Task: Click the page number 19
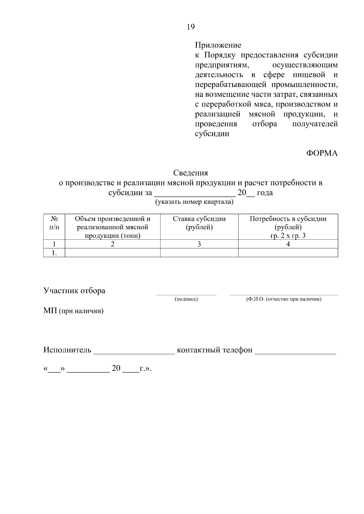(x=190, y=27)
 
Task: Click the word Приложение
(x=218, y=45)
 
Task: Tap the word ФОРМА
(x=322, y=153)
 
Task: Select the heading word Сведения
(x=190, y=173)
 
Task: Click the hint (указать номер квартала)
(x=194, y=202)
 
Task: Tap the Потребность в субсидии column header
(x=288, y=227)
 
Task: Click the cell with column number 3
(x=199, y=244)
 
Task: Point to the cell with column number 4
(x=288, y=244)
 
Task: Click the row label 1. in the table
(x=54, y=253)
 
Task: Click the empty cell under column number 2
(x=113, y=253)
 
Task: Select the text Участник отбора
(x=74, y=291)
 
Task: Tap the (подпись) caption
(x=186, y=299)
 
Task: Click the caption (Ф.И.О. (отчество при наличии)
(x=284, y=299)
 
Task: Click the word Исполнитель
(x=67, y=350)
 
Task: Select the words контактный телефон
(x=214, y=350)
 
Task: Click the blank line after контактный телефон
(x=295, y=351)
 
